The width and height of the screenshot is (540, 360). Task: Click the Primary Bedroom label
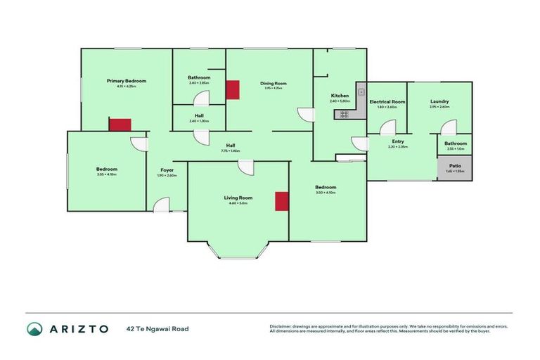(121, 81)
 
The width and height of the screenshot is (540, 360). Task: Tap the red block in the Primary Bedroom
(120, 124)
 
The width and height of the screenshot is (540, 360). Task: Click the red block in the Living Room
(281, 201)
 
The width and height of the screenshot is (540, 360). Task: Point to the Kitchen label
(340, 96)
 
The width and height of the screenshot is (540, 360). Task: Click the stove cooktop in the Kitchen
(345, 114)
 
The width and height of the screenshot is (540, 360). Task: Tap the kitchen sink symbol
(361, 91)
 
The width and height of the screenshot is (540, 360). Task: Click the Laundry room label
(439, 102)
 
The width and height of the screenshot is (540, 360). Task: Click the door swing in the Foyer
(162, 205)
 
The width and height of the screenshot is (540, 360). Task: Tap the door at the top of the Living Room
(245, 167)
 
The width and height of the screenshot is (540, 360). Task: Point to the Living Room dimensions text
(238, 203)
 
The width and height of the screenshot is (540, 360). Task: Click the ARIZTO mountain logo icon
(34, 328)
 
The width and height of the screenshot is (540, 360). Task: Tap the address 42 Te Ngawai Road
(157, 328)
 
